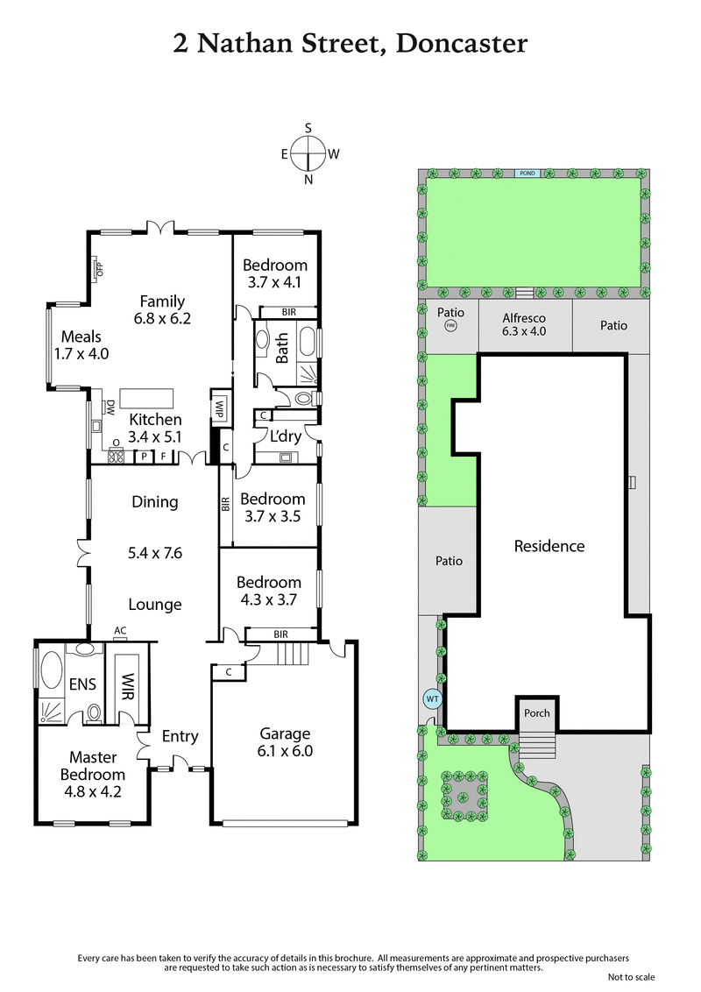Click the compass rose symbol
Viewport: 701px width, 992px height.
(x=308, y=153)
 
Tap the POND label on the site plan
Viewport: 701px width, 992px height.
(x=527, y=174)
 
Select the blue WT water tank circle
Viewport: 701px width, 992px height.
(x=432, y=698)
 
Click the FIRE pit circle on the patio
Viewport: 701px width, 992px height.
(x=451, y=325)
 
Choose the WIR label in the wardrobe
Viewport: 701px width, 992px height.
(x=128, y=684)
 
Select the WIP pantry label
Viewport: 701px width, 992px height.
(x=219, y=407)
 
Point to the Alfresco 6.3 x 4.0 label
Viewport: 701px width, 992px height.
(x=524, y=325)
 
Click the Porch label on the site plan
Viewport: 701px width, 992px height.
(x=537, y=712)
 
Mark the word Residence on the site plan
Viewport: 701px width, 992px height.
(x=549, y=546)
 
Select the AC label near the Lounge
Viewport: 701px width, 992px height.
(x=119, y=629)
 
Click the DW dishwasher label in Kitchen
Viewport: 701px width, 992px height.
(x=110, y=407)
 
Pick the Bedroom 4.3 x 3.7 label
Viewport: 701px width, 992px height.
(x=269, y=591)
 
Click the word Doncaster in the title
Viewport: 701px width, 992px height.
(x=462, y=43)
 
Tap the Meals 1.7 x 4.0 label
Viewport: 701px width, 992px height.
(x=81, y=345)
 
